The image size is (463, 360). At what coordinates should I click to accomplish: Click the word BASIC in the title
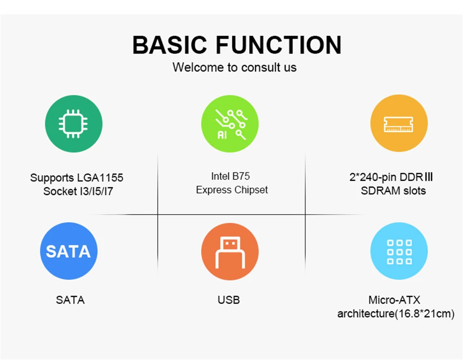pos(171,45)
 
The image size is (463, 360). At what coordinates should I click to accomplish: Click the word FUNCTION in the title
pos(279,45)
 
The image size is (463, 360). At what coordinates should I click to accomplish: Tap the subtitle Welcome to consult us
pos(234,67)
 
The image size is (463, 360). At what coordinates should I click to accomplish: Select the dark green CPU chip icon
pos(74,124)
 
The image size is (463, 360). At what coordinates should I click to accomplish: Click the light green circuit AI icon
pos(230,124)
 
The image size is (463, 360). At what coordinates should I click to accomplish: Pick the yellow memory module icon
pos(399,124)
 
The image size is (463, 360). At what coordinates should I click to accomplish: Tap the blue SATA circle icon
pos(69,252)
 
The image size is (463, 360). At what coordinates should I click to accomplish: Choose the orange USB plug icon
pos(230,252)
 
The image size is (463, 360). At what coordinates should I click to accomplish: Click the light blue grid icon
pos(399,252)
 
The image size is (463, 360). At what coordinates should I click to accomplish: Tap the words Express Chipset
pos(232,190)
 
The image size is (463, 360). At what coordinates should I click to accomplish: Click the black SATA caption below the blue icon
pos(70,300)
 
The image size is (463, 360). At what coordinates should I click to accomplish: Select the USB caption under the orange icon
pos(229,300)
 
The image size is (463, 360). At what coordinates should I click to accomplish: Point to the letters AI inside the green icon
pos(223,135)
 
